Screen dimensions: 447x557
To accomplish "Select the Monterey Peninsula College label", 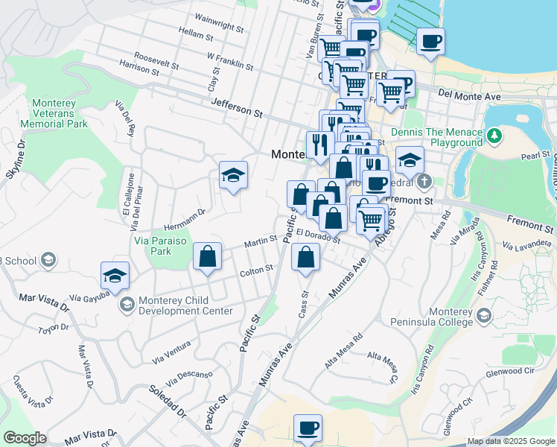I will pyautogui.click(x=431, y=317).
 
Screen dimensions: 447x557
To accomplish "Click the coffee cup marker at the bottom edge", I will pyautogui.click(x=308, y=428).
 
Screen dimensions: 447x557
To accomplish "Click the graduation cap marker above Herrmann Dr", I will pyautogui.click(x=234, y=175).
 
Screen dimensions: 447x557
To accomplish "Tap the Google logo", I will pyautogui.click(x=25, y=438).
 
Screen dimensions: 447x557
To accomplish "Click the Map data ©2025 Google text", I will pyautogui.click(x=511, y=441).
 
